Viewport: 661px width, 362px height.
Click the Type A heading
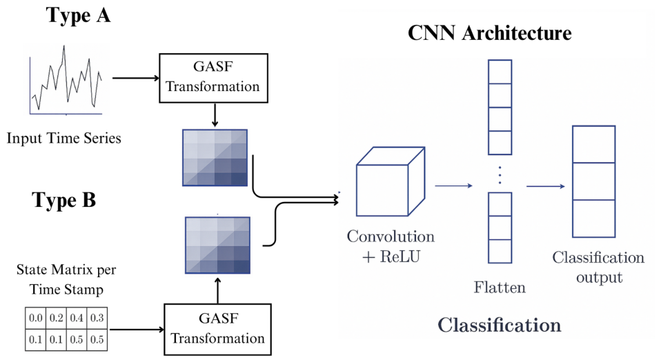[x=79, y=16]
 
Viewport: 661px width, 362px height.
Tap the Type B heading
[x=64, y=200]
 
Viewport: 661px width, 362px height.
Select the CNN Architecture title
[x=489, y=33]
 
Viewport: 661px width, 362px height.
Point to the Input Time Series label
[x=63, y=138]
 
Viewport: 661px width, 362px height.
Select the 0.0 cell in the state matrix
[x=35, y=318]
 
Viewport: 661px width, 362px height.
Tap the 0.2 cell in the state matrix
[x=56, y=318]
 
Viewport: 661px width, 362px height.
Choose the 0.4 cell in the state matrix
[x=77, y=318]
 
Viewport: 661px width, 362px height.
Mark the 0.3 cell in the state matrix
[x=97, y=318]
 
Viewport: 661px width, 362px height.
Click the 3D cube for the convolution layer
[x=391, y=181]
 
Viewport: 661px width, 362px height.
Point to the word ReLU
[x=400, y=257]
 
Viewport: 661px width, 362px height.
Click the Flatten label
[x=500, y=288]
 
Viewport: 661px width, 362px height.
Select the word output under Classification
[x=599, y=278]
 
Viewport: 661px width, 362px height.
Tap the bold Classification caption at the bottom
[x=500, y=325]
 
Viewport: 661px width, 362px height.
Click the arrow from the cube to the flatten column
[x=453, y=185]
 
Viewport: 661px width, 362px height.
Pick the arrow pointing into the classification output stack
[x=546, y=186]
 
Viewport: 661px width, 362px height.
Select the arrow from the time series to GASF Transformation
[x=136, y=78]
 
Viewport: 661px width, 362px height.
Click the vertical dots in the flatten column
[x=500, y=175]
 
